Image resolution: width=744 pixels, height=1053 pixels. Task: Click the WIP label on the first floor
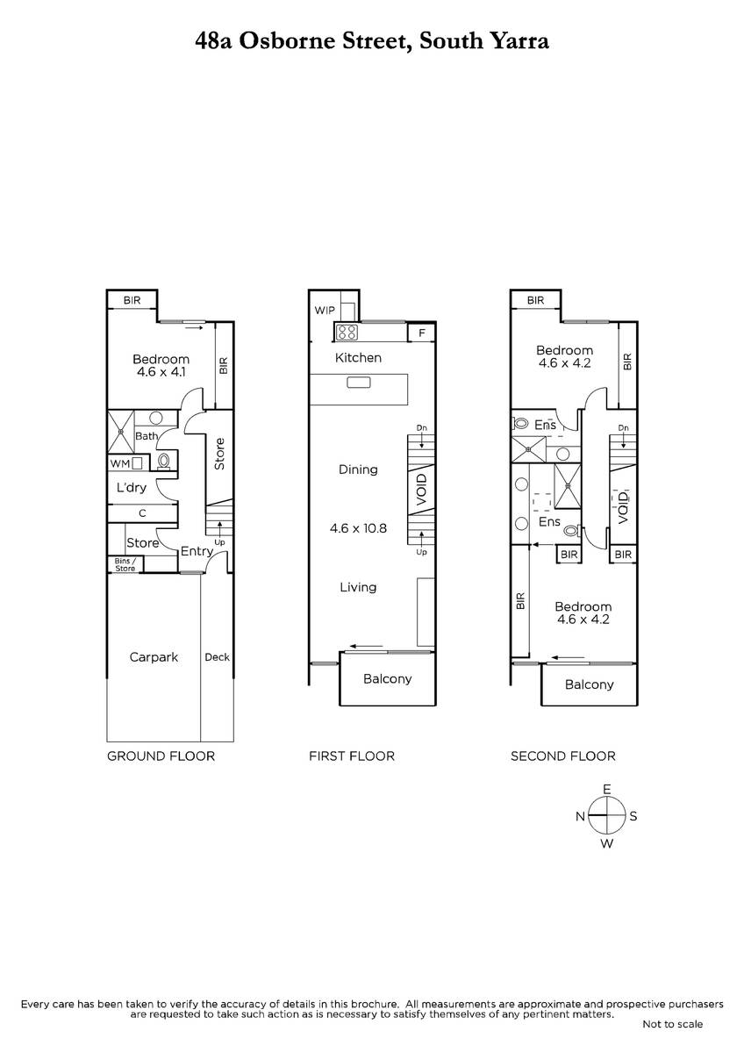tap(325, 311)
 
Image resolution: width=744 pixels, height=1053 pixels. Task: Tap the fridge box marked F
tap(422, 333)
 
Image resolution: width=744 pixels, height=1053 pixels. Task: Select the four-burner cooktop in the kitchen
tap(347, 332)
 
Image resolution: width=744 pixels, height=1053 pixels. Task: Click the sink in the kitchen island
tap(359, 383)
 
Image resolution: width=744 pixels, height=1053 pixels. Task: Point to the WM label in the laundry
tap(120, 463)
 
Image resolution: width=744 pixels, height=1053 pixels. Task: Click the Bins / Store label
tap(125, 564)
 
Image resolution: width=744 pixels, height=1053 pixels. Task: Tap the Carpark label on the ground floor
tap(154, 657)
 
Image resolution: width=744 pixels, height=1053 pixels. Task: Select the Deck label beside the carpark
tap(217, 657)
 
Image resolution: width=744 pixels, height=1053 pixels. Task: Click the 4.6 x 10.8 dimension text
tap(358, 528)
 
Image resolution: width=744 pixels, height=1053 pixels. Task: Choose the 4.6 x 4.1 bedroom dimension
tap(161, 372)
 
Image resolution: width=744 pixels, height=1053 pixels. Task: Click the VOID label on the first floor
tap(422, 490)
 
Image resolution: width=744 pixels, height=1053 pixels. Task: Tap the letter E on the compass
tap(607, 789)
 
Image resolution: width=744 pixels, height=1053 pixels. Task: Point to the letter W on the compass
tap(607, 844)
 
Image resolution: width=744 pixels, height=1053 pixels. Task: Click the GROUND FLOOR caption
tap(161, 756)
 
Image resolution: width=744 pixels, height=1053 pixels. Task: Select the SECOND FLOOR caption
tap(563, 756)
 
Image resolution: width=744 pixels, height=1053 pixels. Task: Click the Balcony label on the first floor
tap(387, 679)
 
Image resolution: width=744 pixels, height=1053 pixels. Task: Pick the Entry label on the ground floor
tap(197, 551)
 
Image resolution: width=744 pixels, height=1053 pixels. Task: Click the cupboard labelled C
tap(142, 513)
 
